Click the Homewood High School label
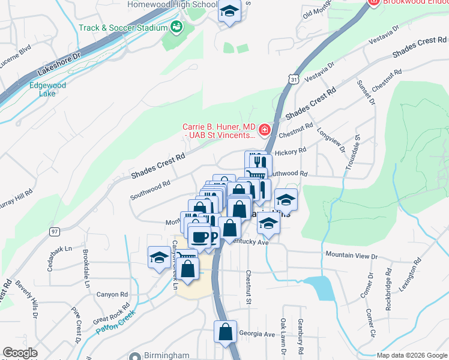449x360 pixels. [172, 5]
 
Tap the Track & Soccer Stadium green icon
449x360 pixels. [176, 27]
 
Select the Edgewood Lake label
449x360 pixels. [47, 89]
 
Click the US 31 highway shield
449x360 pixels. [292, 79]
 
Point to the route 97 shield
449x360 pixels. [55, 232]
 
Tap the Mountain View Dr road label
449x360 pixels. [351, 256]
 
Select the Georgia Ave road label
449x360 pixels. [256, 334]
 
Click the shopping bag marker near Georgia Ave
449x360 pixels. [225, 332]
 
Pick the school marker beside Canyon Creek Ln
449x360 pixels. [159, 257]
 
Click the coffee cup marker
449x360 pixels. [199, 236]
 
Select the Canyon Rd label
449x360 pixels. [113, 295]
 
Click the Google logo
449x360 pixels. [20, 353]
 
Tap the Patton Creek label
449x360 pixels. [111, 325]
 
